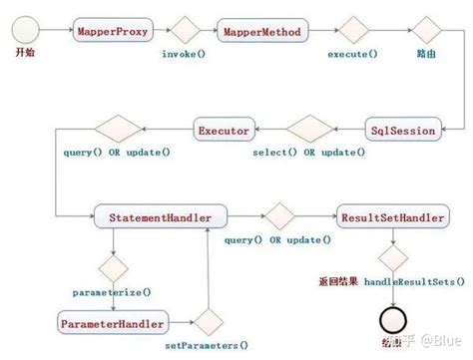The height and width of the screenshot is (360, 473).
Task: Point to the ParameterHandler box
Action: click(x=112, y=323)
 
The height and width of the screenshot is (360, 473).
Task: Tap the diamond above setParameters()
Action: click(x=208, y=323)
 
